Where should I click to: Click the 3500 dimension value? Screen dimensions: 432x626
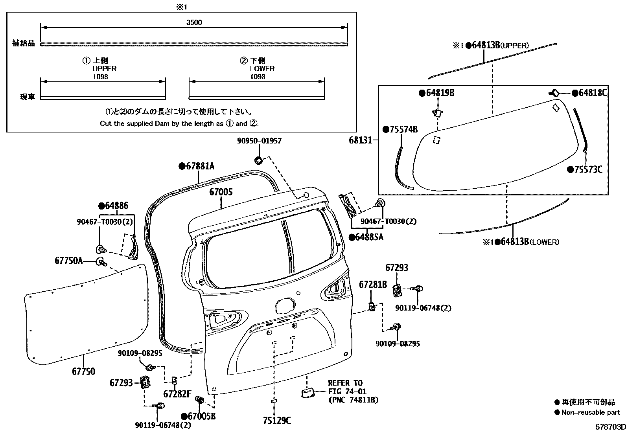point(194,22)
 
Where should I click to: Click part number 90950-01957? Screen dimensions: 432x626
point(259,141)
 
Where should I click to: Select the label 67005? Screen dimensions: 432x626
point(221,192)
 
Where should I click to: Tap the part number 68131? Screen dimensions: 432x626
point(360,140)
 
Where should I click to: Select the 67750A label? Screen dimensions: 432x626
point(69,260)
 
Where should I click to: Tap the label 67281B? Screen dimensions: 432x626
point(373,284)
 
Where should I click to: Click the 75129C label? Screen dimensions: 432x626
point(277,421)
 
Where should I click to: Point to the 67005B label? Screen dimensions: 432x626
point(201,416)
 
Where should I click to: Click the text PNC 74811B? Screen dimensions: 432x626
point(353,400)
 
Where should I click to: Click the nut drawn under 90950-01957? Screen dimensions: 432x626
point(259,160)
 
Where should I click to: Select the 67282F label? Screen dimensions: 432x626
point(177,393)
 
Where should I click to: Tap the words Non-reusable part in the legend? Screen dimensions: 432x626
point(591,412)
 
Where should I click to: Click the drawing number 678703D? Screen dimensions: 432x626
point(609,427)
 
